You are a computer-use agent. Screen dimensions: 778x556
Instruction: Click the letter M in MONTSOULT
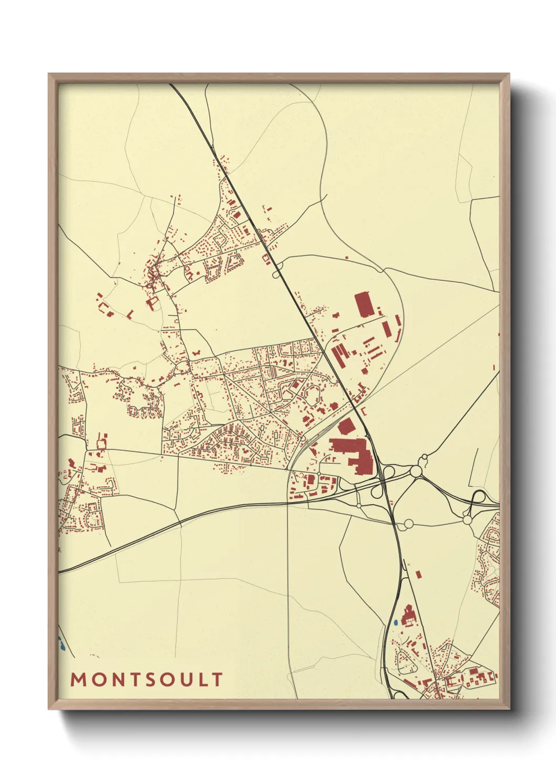tap(78, 680)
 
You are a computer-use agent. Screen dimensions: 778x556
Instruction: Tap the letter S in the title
tap(151, 680)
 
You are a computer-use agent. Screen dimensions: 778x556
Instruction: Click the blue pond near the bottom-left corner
tap(60, 643)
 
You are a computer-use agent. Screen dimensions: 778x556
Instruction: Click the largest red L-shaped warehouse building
tap(353, 453)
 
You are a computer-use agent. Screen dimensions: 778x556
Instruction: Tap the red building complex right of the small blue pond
tap(407, 615)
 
